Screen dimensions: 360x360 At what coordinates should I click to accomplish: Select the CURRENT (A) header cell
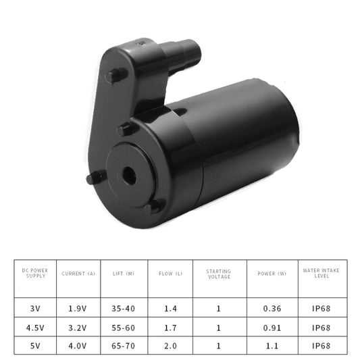click(x=78, y=274)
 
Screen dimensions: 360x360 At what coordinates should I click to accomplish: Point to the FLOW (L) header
click(x=170, y=274)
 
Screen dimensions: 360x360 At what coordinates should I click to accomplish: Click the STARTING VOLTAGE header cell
click(x=218, y=274)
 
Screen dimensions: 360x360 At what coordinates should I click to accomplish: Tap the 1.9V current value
click(x=78, y=309)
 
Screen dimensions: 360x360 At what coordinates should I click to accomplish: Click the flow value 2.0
click(x=170, y=345)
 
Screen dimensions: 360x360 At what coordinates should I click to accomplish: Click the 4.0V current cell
click(x=78, y=345)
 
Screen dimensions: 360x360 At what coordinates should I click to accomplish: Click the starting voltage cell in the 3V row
click(x=218, y=309)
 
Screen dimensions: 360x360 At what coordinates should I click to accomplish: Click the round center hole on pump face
click(x=129, y=174)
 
